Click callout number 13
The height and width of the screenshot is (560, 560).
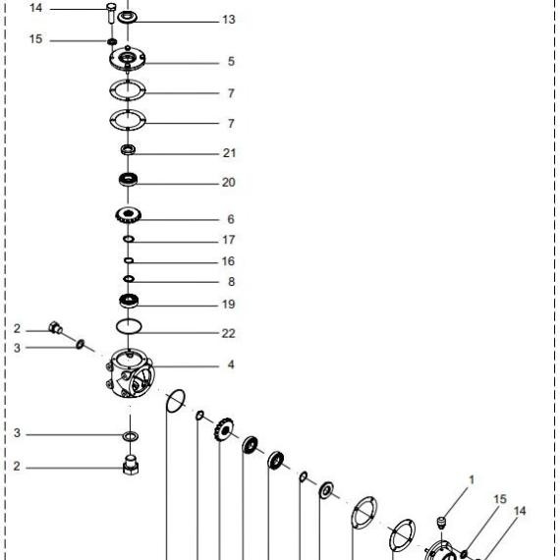(229, 20)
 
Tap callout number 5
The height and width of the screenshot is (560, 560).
(232, 62)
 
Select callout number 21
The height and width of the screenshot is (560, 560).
(229, 153)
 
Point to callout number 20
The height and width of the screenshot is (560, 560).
(229, 183)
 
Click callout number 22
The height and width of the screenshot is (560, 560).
(229, 333)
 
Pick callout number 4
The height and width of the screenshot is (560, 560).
(231, 364)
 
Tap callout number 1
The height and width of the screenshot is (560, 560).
(472, 480)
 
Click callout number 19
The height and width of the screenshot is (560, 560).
(229, 305)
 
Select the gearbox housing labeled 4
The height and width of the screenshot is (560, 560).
(131, 373)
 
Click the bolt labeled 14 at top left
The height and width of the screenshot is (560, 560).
(111, 13)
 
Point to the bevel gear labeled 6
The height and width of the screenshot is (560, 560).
(129, 215)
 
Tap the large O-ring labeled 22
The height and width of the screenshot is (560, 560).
(129, 326)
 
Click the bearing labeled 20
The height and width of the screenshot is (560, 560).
(128, 179)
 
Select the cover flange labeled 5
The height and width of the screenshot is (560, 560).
(128, 59)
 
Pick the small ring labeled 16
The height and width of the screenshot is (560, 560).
(129, 260)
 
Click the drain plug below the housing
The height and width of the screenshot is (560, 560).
(131, 465)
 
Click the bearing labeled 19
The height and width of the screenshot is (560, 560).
(129, 301)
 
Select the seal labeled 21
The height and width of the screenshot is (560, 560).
(128, 149)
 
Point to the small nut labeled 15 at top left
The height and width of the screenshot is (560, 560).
(112, 41)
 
